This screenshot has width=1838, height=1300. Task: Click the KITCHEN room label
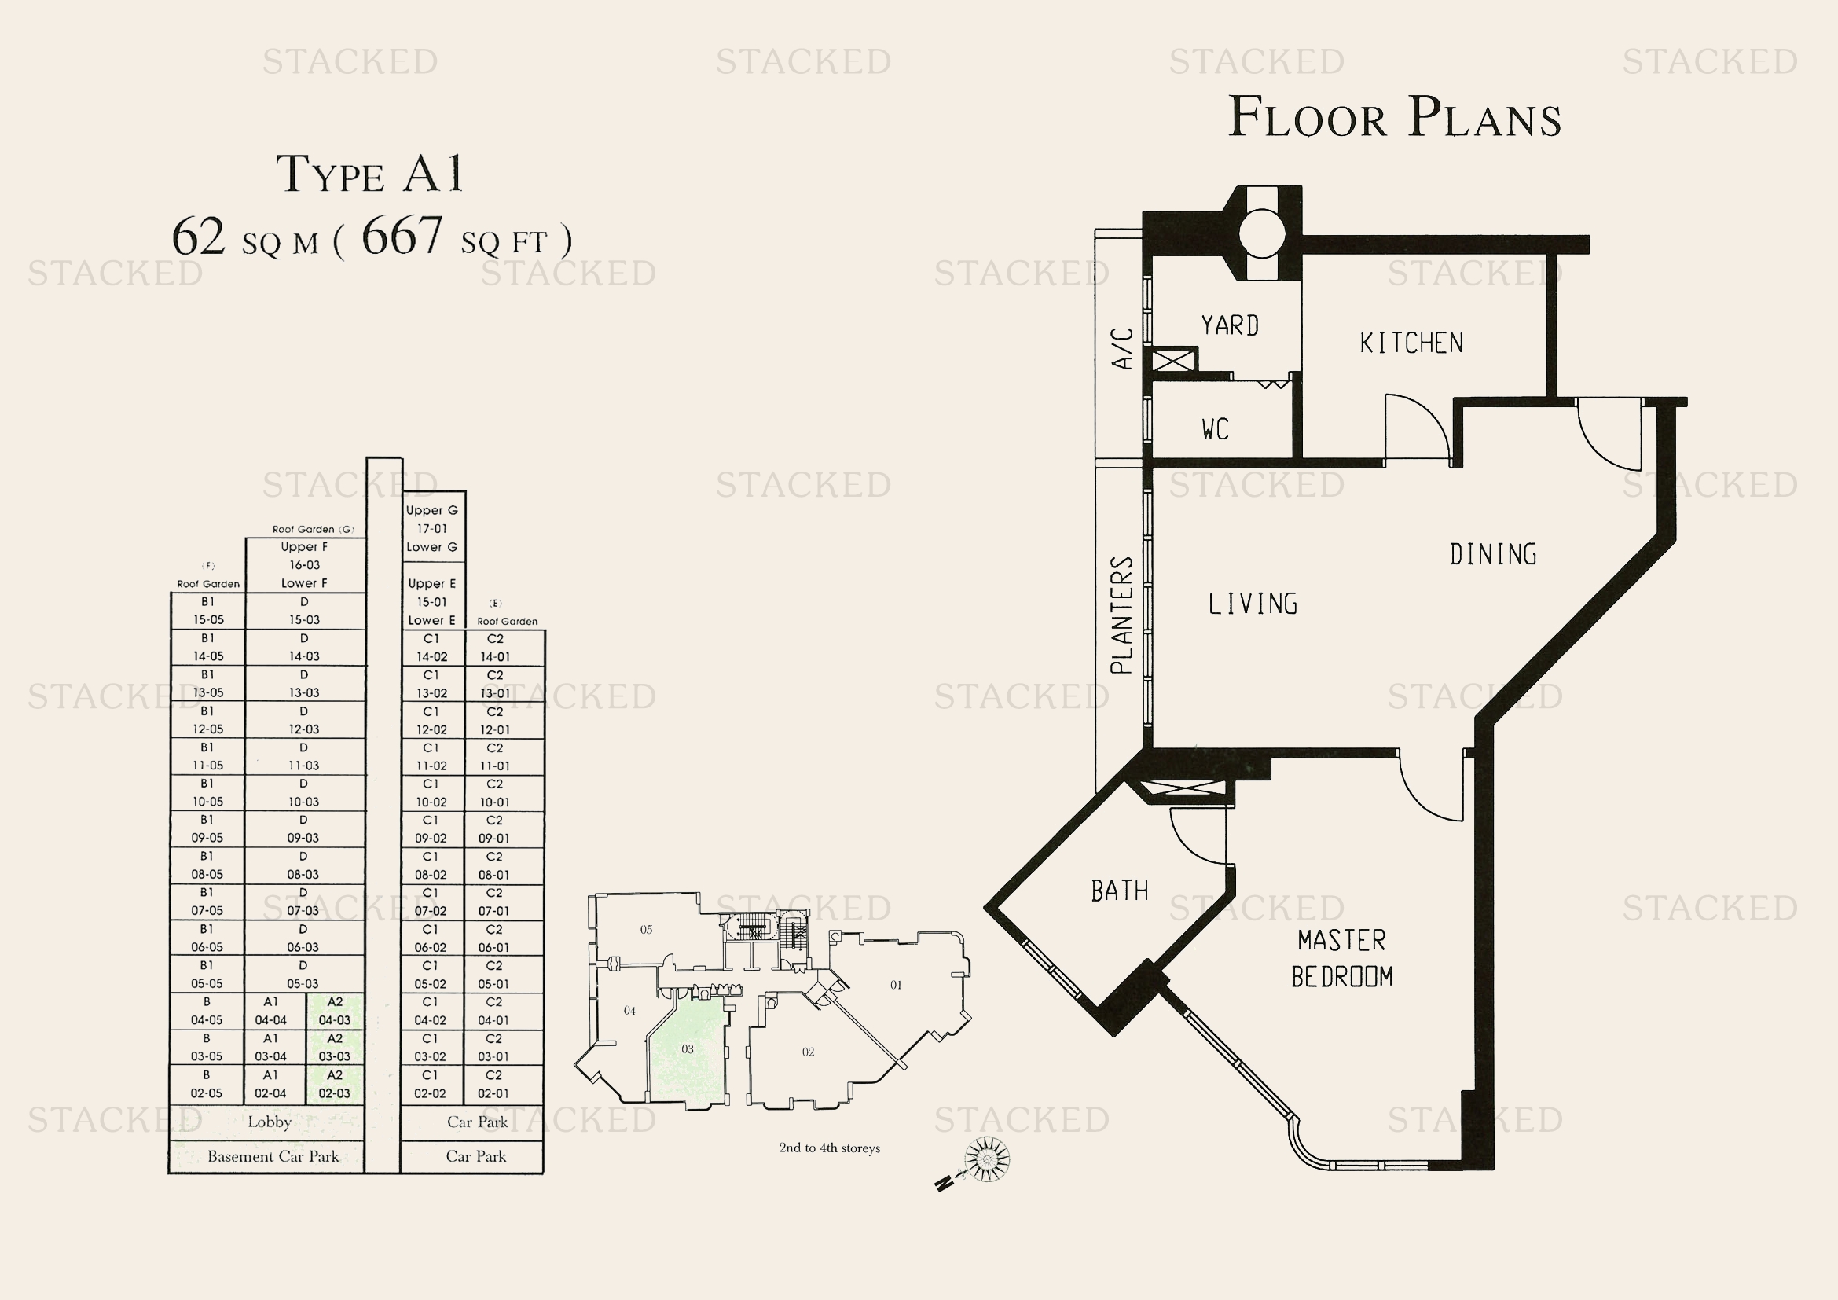pyautogui.click(x=1411, y=343)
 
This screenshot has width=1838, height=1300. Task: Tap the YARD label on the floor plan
pyautogui.click(x=1230, y=325)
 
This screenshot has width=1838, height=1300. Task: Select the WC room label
pyautogui.click(x=1215, y=429)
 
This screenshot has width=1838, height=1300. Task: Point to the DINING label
pyautogui.click(x=1493, y=554)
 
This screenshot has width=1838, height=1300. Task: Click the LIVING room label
pyautogui.click(x=1253, y=604)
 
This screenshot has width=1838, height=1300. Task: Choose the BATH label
pyautogui.click(x=1119, y=891)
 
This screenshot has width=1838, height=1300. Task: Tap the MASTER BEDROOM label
pyautogui.click(x=1341, y=958)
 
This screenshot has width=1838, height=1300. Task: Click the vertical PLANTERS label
pyautogui.click(x=1121, y=615)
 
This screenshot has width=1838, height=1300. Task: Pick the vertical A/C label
pyautogui.click(x=1123, y=348)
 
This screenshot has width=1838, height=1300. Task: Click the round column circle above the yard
pyautogui.click(x=1263, y=233)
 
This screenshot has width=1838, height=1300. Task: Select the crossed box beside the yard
pyautogui.click(x=1173, y=360)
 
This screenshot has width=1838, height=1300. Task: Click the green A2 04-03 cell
pyautogui.click(x=335, y=1011)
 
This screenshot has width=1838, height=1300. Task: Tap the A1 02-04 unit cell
pyautogui.click(x=270, y=1084)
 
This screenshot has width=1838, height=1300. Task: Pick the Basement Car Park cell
pyautogui.click(x=267, y=1156)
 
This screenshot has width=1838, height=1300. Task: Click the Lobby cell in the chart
pyautogui.click(x=267, y=1122)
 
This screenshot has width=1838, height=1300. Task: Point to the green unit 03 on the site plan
pyautogui.click(x=687, y=1049)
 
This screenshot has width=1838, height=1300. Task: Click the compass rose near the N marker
pyautogui.click(x=987, y=1159)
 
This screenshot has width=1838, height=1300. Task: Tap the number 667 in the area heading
pyautogui.click(x=402, y=235)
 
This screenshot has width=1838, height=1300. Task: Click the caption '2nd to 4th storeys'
pyautogui.click(x=829, y=1148)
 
